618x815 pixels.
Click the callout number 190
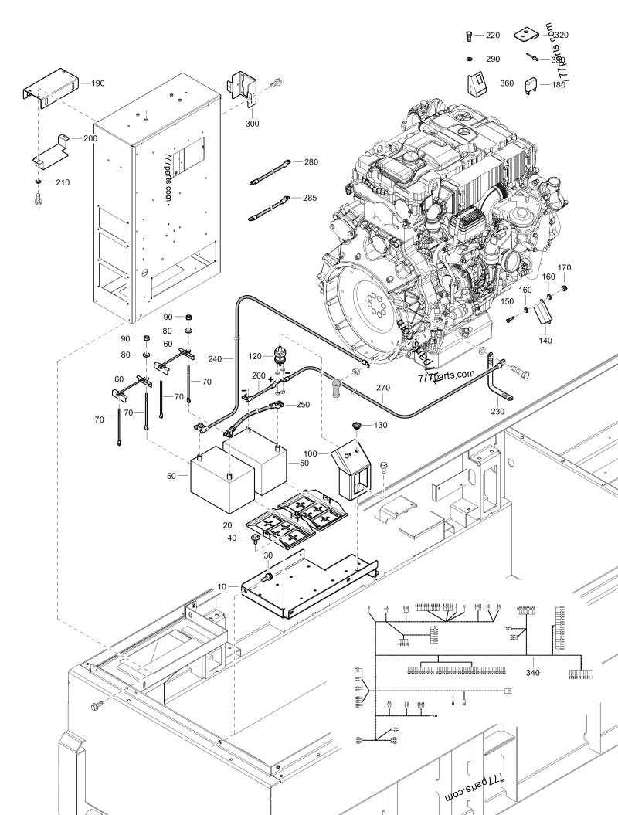[98, 82]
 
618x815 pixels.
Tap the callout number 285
[310, 198]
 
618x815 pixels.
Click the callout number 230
[497, 412]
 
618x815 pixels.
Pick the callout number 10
[222, 588]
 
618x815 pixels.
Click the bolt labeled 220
[470, 36]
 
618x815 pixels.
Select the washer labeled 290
[470, 59]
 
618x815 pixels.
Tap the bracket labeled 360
[477, 83]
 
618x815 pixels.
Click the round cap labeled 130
[357, 426]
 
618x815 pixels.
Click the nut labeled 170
[565, 289]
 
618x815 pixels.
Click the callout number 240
[215, 358]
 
